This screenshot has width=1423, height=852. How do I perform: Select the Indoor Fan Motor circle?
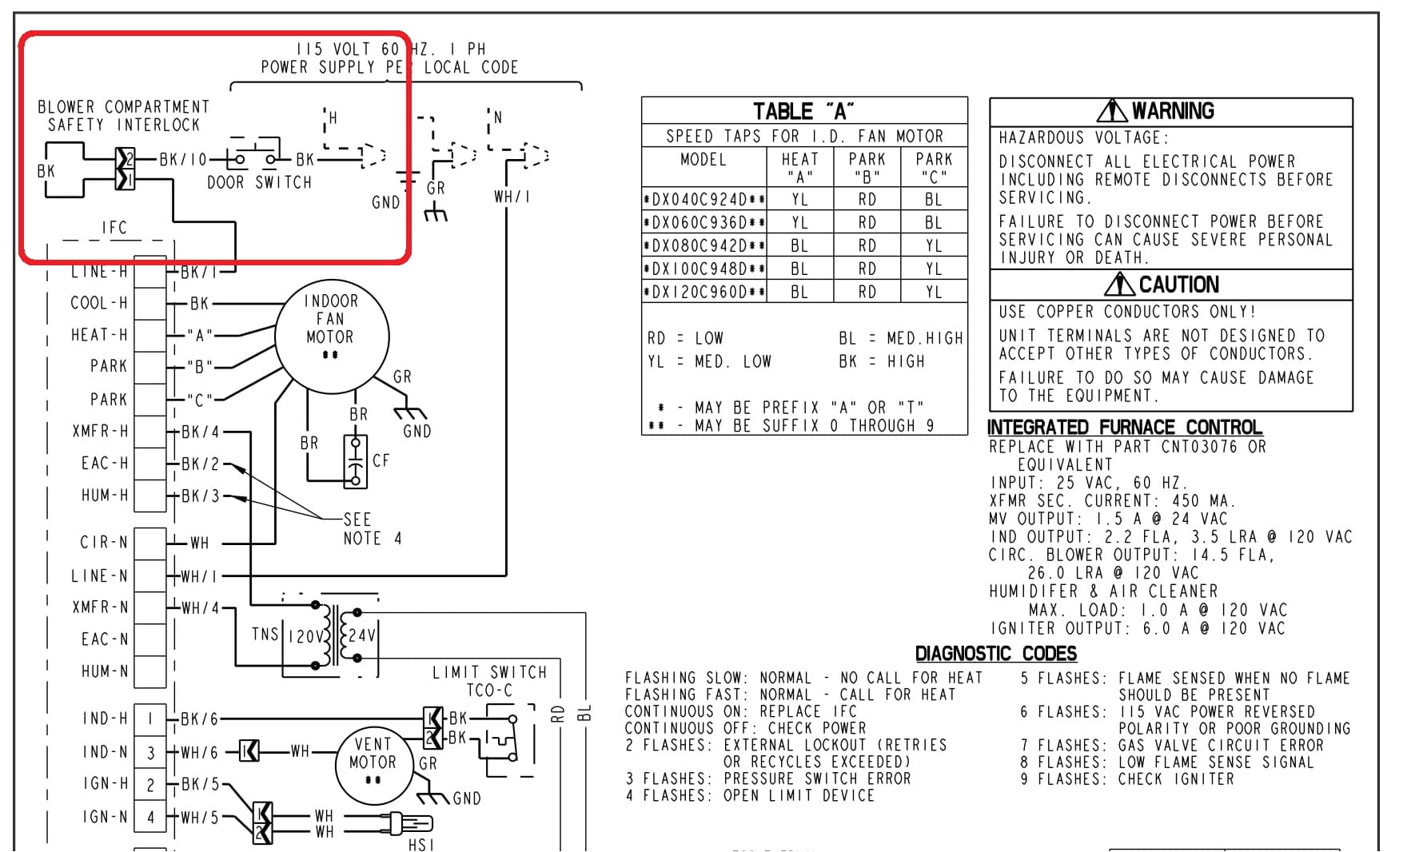pos(331,336)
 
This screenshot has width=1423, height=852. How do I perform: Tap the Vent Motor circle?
pos(373,764)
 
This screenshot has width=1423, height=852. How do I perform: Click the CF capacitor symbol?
pos(356,461)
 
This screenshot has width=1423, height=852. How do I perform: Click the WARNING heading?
pos(1157,111)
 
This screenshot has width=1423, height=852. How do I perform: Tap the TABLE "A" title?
pos(803,111)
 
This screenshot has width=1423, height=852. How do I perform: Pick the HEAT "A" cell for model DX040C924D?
pos(799,200)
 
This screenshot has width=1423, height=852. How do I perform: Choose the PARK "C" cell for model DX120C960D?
pos(934,293)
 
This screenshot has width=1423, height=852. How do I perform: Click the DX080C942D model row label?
pos(704,246)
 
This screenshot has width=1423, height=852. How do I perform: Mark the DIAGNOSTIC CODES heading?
pos(995,654)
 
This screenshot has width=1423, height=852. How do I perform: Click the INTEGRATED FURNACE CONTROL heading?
pos(1125,428)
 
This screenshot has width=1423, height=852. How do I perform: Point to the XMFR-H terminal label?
pos(100,432)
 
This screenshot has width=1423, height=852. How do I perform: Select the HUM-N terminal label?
pos(104,671)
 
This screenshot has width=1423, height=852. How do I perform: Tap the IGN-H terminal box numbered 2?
pos(150,785)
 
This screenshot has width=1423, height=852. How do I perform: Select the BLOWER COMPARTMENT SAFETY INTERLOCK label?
pos(123,116)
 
